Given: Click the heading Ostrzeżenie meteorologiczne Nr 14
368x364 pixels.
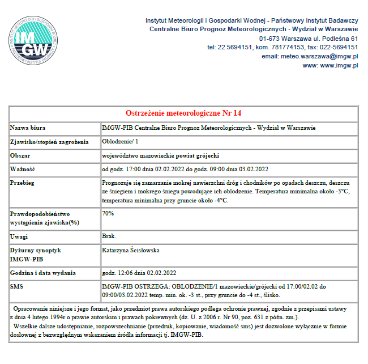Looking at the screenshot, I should click(x=183, y=113).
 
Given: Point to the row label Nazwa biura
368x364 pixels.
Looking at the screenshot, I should click(x=28, y=128).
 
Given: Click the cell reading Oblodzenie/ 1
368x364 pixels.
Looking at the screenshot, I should click(x=120, y=141).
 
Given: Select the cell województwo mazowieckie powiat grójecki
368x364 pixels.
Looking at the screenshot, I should click(x=160, y=155).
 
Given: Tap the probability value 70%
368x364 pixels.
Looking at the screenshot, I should click(x=108, y=213).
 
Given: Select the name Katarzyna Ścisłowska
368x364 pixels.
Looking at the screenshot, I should click(x=131, y=249).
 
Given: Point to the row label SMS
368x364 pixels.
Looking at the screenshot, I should click(x=18, y=287).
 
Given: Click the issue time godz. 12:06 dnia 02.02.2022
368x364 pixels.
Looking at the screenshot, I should click(x=139, y=273).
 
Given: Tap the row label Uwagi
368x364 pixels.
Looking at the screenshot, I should click(x=20, y=236).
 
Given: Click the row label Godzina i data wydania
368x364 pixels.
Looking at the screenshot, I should click(x=44, y=273).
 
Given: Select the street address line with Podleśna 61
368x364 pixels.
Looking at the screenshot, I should click(x=309, y=38).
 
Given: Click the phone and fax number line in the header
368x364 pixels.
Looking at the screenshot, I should click(x=283, y=47).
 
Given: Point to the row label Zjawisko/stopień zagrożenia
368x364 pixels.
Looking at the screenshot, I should click(x=50, y=142).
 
